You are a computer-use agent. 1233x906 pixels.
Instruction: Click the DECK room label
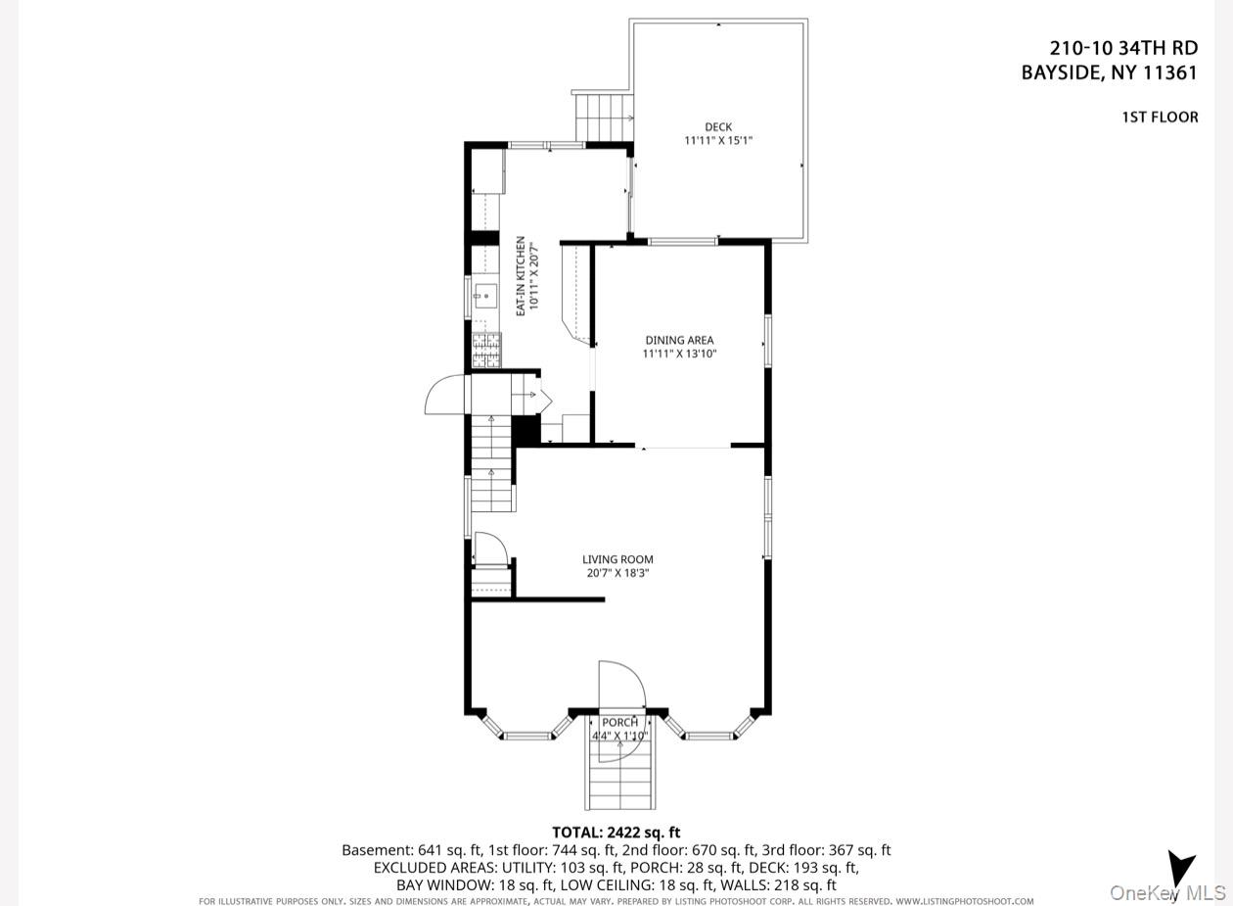click(718, 126)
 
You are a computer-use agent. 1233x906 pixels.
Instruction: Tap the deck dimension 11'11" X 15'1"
click(718, 140)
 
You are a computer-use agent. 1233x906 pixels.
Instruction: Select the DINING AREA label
click(679, 340)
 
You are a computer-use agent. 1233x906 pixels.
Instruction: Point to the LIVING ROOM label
click(617, 559)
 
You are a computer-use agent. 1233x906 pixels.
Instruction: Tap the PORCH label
click(619, 722)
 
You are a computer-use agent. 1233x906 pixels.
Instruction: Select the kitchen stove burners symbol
click(486, 351)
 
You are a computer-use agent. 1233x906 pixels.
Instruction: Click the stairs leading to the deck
click(604, 117)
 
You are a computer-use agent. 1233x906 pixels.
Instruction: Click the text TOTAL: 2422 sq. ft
click(616, 832)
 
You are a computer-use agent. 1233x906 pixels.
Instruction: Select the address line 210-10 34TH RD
click(1123, 49)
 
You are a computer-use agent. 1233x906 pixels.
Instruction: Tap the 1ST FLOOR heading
click(1160, 117)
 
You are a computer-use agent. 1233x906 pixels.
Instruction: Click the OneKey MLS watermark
click(1167, 892)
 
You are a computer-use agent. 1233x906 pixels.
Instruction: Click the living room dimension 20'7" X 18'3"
click(617, 573)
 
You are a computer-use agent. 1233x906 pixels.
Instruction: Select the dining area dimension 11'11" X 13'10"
click(679, 354)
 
